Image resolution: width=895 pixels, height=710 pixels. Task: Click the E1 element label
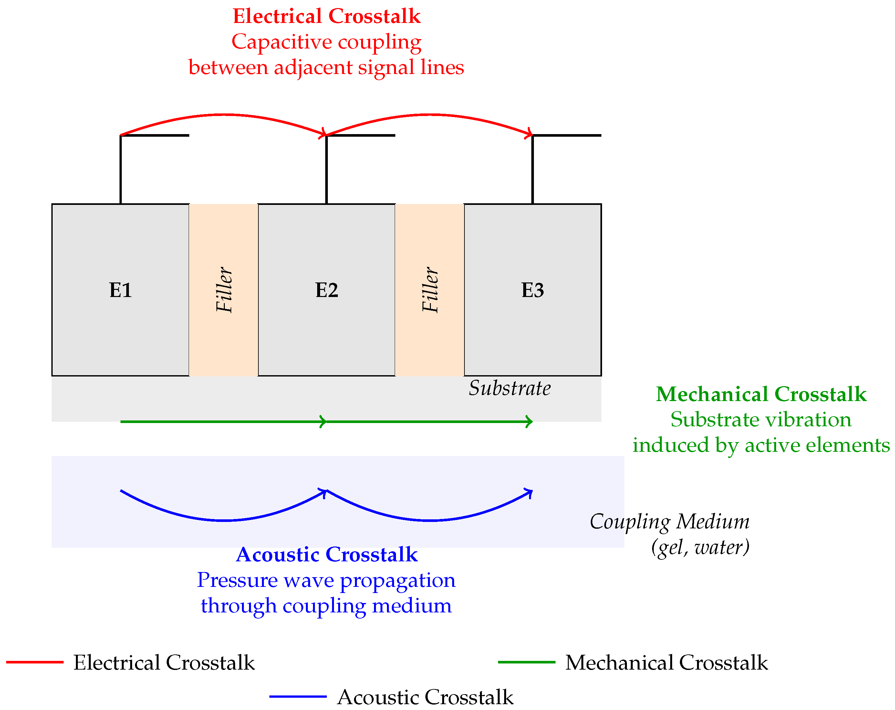[120, 290]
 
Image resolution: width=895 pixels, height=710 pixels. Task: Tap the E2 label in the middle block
[327, 290]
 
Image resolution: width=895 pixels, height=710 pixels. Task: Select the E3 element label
[533, 290]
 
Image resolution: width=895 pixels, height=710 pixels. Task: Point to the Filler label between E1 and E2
[224, 290]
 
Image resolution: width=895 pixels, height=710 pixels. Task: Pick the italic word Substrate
[510, 388]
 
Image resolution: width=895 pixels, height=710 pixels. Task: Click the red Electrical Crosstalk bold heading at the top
[327, 16]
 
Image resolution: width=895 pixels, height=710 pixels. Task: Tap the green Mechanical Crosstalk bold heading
[761, 394]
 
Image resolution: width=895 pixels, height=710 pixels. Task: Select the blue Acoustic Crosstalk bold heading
[327, 554]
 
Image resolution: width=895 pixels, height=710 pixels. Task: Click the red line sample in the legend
[35, 662]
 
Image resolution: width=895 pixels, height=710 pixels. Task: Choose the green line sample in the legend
[526, 662]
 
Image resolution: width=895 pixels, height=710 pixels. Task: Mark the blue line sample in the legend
[298, 697]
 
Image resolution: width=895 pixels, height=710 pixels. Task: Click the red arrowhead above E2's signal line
[323, 134]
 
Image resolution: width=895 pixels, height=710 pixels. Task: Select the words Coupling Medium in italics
[670, 522]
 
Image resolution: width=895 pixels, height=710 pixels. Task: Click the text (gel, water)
[700, 547]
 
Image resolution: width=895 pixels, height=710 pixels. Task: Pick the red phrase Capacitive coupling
[327, 42]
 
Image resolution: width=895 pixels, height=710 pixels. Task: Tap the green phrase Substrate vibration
[761, 419]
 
